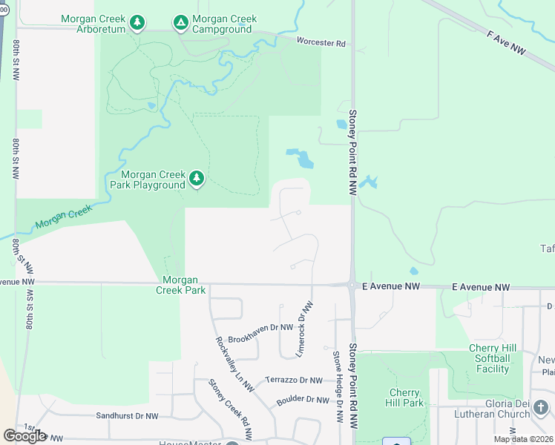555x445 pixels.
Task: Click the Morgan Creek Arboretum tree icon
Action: [137, 23]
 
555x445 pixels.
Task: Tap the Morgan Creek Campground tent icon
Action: [180, 23]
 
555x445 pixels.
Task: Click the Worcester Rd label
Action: [321, 43]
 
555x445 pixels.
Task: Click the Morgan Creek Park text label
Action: [180, 285]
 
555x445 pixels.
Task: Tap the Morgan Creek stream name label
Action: [63, 217]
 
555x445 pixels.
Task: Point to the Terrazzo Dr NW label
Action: [293, 380]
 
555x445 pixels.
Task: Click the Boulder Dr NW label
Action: [302, 400]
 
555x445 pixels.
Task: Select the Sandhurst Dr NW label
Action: [128, 417]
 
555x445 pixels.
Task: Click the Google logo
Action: [24, 436]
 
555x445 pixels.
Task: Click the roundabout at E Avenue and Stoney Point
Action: [351, 284]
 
